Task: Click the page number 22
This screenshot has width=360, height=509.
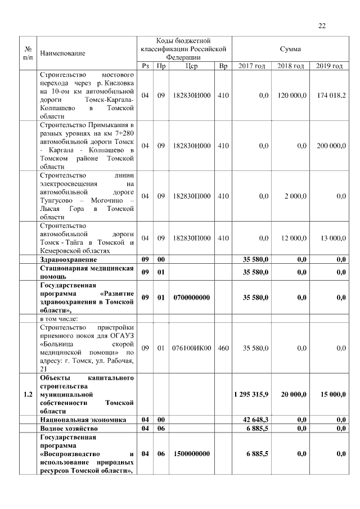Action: point(322,25)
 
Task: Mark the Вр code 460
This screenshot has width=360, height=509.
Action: point(223,348)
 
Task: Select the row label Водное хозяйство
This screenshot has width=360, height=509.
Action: point(73,429)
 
